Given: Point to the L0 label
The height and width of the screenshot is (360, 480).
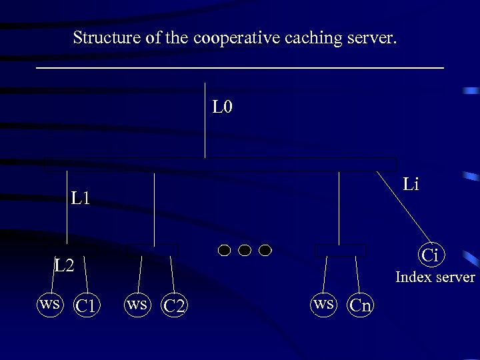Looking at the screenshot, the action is click(222, 107).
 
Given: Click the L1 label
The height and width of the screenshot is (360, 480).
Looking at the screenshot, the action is click(81, 198).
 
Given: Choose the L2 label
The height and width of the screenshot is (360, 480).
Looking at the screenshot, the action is click(65, 266).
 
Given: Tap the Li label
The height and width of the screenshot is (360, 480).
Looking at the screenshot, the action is click(411, 184).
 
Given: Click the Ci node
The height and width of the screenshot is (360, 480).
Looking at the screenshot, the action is click(430, 255).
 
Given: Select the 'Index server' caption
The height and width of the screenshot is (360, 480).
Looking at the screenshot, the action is click(435, 277).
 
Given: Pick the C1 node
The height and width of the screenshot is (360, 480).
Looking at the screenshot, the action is click(87, 306).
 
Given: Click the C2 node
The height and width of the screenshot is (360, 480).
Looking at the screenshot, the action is click(175, 306).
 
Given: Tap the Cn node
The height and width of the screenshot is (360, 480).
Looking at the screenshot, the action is click(361, 305).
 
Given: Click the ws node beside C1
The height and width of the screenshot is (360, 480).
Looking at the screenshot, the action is click(50, 304).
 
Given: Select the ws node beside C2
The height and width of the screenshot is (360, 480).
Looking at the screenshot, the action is click(137, 304).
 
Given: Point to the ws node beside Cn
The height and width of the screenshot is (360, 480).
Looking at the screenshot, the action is click(323, 304).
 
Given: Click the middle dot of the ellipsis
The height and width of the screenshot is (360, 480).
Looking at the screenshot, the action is click(245, 250).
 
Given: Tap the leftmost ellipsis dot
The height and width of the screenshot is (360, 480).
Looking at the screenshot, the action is click(225, 250).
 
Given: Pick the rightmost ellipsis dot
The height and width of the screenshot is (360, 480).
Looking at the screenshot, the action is click(265, 250).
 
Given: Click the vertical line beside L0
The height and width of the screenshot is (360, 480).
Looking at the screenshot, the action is click(205, 120).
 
